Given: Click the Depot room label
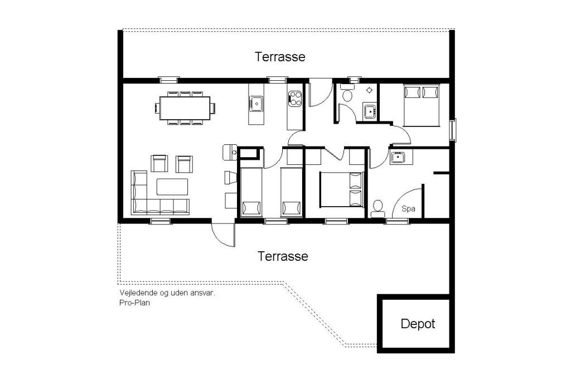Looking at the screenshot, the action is point(418,324).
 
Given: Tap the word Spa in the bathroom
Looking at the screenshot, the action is point(408,209).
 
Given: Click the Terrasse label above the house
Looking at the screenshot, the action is point(280,56).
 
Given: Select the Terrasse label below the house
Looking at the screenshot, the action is point(283,256).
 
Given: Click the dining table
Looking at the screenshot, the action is point(185,108).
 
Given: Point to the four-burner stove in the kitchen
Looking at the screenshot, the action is point(295,98).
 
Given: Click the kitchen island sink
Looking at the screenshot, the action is point(257,104).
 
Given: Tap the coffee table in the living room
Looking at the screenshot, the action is point(172,187).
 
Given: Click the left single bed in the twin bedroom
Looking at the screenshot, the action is point(251,192).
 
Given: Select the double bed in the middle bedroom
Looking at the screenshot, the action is point(342,189).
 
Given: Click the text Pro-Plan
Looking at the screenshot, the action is point(134,303).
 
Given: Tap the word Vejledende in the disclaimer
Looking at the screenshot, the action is point(138,293).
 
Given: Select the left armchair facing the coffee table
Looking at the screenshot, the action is point(159,163).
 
